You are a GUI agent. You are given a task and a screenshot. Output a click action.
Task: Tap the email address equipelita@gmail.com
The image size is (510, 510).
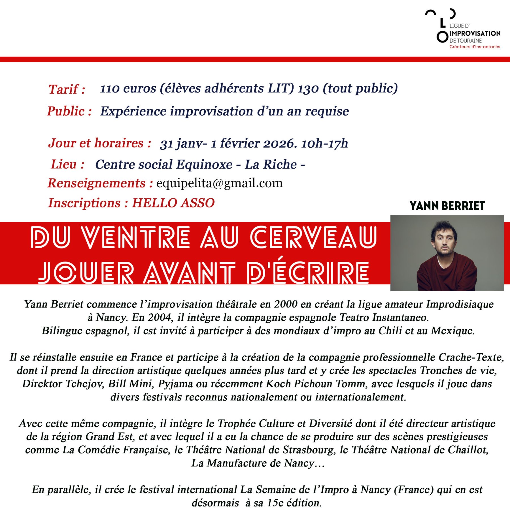click(x=219, y=183)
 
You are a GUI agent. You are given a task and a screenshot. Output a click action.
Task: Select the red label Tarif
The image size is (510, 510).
click(x=67, y=89)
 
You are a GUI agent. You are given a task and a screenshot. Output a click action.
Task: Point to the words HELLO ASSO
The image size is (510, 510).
click(x=173, y=203)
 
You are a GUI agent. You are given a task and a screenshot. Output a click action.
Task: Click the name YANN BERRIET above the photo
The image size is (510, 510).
click(x=447, y=206)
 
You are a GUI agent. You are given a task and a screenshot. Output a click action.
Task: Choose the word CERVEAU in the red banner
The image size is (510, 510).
click(x=313, y=237)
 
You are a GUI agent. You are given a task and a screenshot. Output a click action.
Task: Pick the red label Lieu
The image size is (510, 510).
click(x=67, y=164)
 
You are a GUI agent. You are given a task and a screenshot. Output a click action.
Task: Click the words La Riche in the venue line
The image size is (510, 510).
click(x=271, y=164)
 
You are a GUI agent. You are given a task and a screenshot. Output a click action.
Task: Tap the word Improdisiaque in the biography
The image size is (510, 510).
click(x=460, y=304)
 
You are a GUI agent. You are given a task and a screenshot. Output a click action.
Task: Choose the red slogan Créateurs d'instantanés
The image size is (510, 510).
click(x=475, y=47)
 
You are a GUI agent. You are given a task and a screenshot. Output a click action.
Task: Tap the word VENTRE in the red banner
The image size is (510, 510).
click(x=136, y=237)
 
